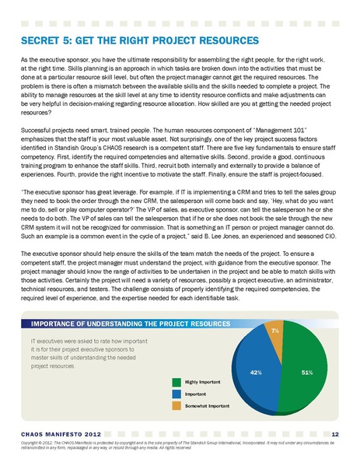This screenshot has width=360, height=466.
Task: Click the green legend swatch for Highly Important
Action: [x=177, y=382]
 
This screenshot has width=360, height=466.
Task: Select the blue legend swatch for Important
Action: [x=177, y=394]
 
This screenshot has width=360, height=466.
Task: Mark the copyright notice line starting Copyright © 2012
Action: [x=171, y=443]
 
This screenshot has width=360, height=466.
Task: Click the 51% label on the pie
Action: [x=306, y=373]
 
